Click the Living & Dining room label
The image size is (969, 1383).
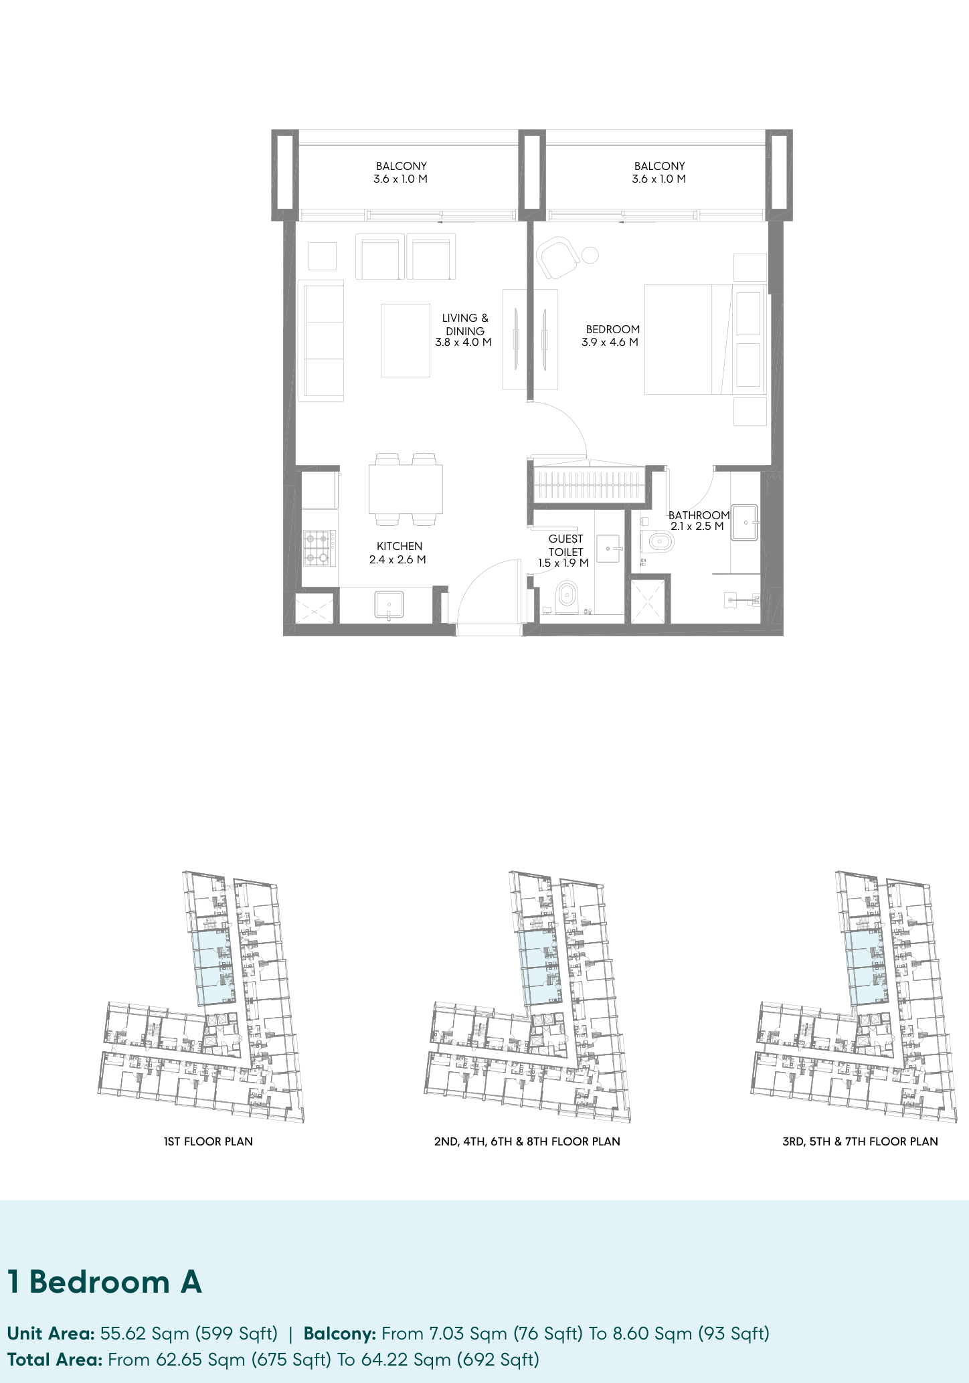click(x=464, y=330)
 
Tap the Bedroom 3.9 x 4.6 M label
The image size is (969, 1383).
click(x=610, y=336)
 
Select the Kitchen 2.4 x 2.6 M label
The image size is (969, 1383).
click(x=398, y=553)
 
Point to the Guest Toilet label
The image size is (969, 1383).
click(x=564, y=551)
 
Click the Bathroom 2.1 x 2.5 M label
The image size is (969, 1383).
click(x=699, y=521)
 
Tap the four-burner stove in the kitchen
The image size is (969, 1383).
click(x=319, y=548)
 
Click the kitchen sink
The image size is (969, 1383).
click(x=389, y=605)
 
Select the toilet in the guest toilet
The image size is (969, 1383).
click(x=567, y=596)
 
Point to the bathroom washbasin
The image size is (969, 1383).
click(x=744, y=522)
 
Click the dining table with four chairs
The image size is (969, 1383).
click(x=406, y=489)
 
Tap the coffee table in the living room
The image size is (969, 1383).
click(x=406, y=341)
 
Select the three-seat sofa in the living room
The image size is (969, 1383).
click(x=321, y=341)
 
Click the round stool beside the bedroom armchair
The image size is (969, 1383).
click(x=590, y=255)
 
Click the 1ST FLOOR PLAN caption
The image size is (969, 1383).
click(x=208, y=1141)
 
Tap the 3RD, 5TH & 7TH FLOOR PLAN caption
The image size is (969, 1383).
click(x=860, y=1141)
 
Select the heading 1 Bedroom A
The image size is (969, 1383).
click(x=104, y=1282)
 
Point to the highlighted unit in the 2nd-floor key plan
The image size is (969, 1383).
click(x=539, y=967)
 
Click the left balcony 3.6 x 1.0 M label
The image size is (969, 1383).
click(x=400, y=173)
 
